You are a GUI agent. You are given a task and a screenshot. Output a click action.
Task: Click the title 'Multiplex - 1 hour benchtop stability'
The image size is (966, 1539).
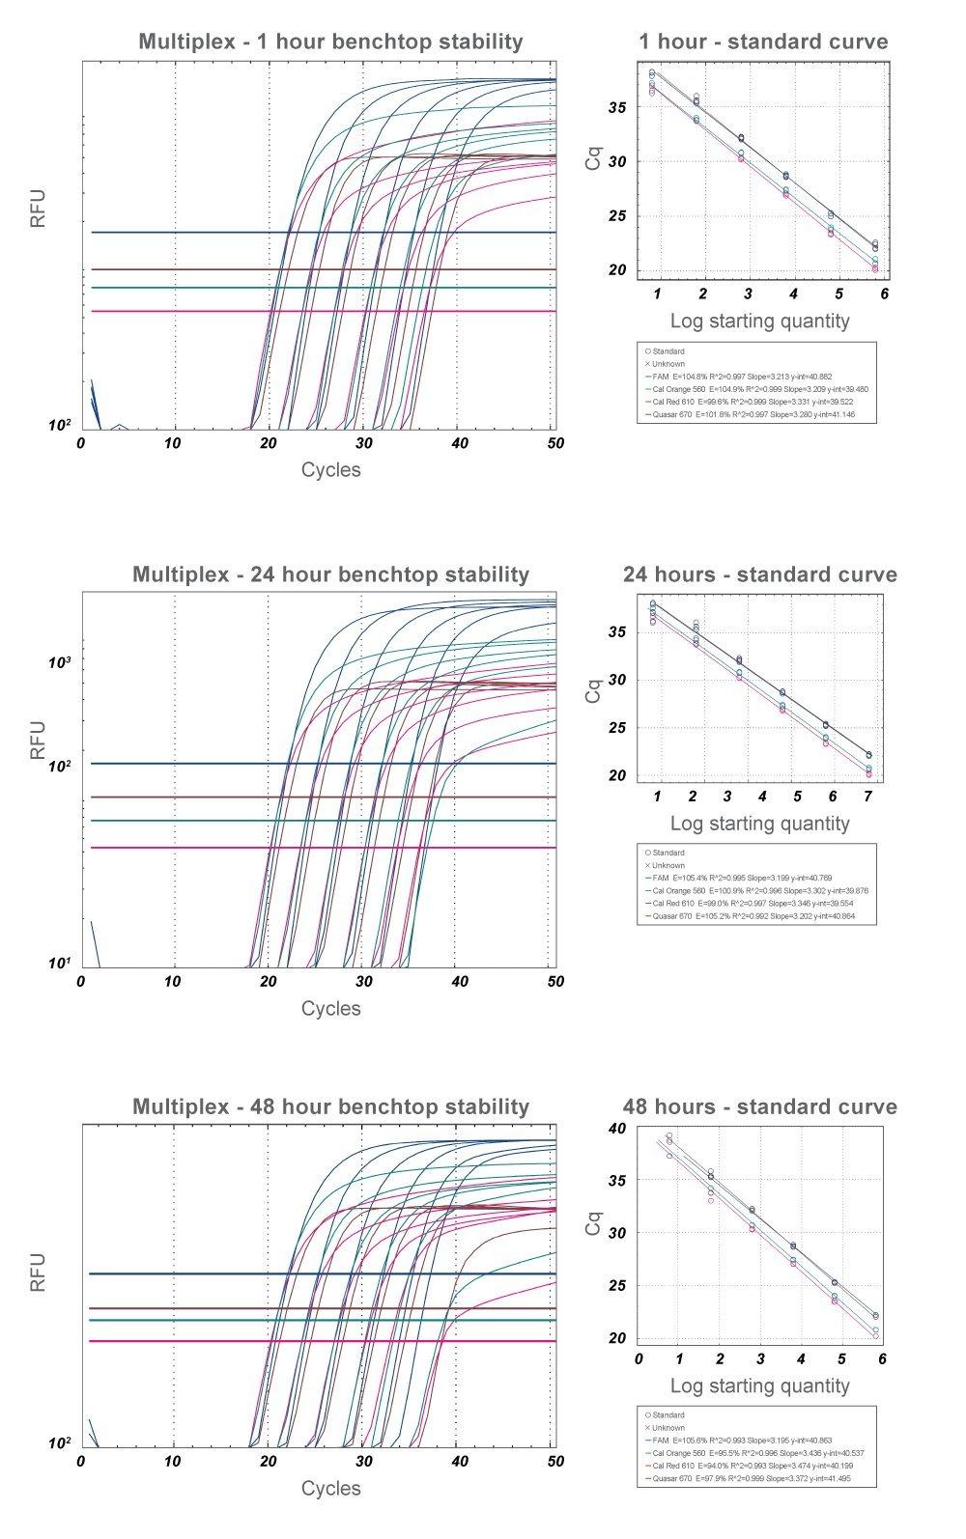pyautogui.click(x=330, y=42)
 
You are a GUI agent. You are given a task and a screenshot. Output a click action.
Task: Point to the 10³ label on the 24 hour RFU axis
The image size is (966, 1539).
pyautogui.click(x=61, y=662)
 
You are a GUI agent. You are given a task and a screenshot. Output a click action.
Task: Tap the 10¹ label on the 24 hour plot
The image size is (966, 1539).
pyautogui.click(x=61, y=964)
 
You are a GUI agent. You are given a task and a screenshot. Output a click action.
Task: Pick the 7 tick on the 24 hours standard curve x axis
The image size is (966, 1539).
pyautogui.click(x=867, y=797)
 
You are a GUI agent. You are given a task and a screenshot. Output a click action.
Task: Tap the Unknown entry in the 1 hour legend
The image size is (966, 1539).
pyautogui.click(x=666, y=364)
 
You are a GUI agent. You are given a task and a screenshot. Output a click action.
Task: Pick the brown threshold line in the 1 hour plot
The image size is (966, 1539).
pyautogui.click(x=174, y=269)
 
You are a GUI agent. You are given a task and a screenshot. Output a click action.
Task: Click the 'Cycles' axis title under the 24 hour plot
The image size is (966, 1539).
pyautogui.click(x=330, y=1009)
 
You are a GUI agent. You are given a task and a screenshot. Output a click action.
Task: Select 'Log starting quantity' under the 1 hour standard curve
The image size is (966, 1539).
pyautogui.click(x=759, y=322)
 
